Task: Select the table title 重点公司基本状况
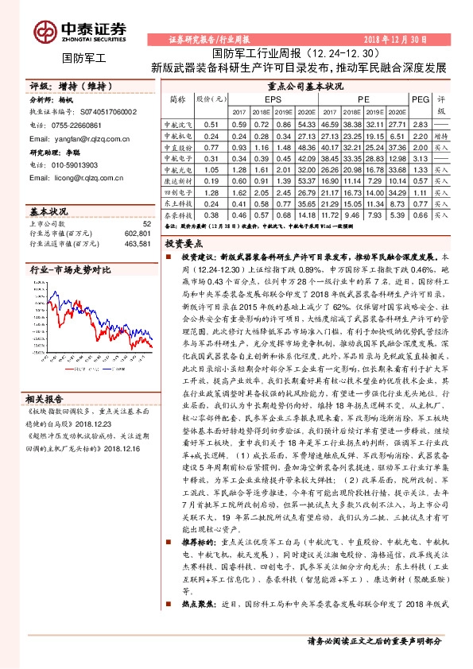305,85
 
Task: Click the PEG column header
421,99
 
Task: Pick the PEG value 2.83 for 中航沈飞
421,125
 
